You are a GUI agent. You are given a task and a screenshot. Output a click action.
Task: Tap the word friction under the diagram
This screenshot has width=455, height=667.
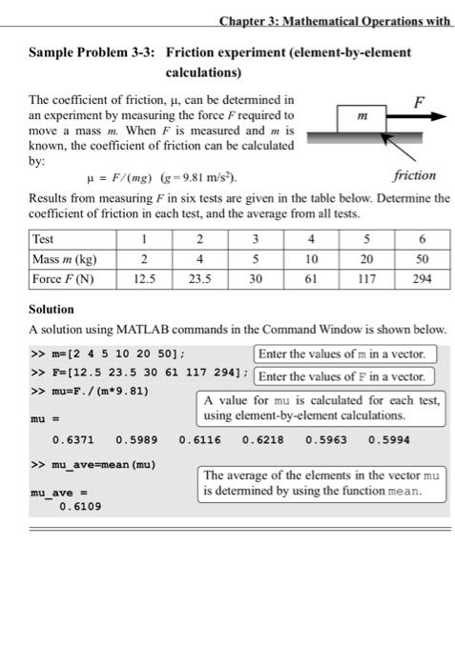click(413, 175)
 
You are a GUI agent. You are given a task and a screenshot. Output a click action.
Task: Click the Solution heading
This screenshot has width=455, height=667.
click(52, 310)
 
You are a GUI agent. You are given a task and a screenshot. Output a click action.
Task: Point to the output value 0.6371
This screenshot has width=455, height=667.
click(72, 440)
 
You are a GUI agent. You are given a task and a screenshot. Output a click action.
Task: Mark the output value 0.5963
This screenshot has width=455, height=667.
click(326, 440)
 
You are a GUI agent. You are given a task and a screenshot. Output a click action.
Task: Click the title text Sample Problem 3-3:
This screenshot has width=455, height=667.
click(89, 52)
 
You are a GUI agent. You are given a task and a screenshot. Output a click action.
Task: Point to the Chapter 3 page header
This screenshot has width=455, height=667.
click(334, 20)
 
